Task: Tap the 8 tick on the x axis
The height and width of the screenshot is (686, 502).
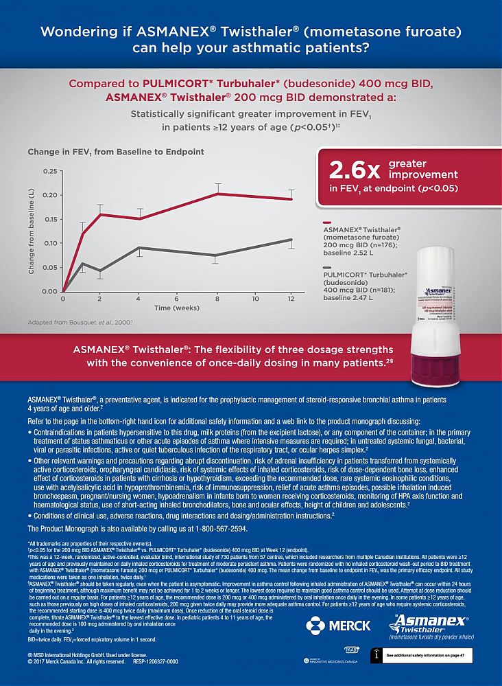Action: [x=217, y=299]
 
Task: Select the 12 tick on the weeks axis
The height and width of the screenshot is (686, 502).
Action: [x=291, y=299]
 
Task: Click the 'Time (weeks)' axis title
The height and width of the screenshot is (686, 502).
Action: [x=176, y=308]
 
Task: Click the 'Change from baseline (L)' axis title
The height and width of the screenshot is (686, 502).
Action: [x=32, y=231]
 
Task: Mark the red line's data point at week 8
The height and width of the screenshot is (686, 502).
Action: [x=217, y=194]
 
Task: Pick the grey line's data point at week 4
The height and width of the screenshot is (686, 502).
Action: [x=140, y=247]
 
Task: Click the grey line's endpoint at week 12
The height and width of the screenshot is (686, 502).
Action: [x=291, y=240]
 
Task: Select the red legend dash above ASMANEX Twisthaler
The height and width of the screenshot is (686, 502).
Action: [x=327, y=222]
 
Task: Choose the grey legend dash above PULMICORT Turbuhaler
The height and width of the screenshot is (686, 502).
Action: [x=327, y=266]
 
